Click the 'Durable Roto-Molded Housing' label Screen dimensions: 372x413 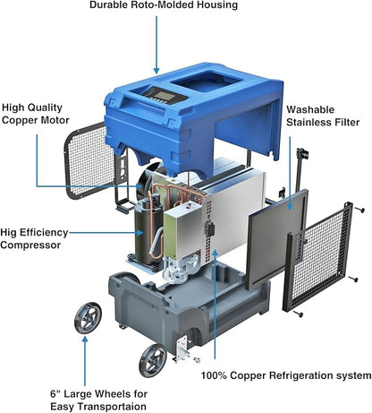164,5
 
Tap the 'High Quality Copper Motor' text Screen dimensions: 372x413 36,114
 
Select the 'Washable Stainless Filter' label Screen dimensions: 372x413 323,116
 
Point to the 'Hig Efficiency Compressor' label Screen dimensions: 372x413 34,238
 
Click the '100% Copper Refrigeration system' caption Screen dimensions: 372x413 286,375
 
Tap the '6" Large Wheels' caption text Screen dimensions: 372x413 98,394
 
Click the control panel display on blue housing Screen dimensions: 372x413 164,96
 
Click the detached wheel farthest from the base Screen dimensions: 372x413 88,318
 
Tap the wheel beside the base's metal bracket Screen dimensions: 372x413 153,360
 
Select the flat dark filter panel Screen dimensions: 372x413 277,239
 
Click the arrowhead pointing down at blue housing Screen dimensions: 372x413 156,71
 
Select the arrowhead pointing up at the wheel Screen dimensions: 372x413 85,340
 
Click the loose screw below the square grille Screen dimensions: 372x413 298,314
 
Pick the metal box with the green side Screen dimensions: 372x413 185,230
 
